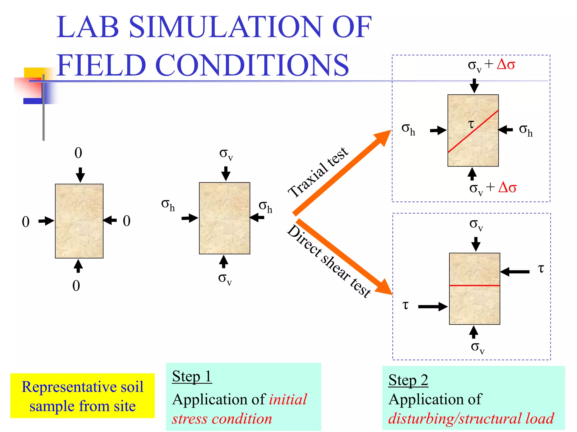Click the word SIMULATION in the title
[x=225, y=27]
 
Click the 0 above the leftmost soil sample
[x=78, y=153]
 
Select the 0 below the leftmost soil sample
[x=76, y=286]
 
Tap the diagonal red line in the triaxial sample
[x=473, y=131]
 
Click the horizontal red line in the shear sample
[x=474, y=285]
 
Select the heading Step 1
[x=192, y=376]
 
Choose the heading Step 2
[x=408, y=380]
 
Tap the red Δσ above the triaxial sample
[x=506, y=65]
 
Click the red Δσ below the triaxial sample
[x=507, y=187]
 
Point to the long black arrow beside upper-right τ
[x=515, y=272]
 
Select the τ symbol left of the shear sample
[x=405, y=305]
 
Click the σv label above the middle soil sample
[x=226, y=154]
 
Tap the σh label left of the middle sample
[x=168, y=205]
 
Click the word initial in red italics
[x=288, y=399]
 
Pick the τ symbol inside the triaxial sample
[x=471, y=124]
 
